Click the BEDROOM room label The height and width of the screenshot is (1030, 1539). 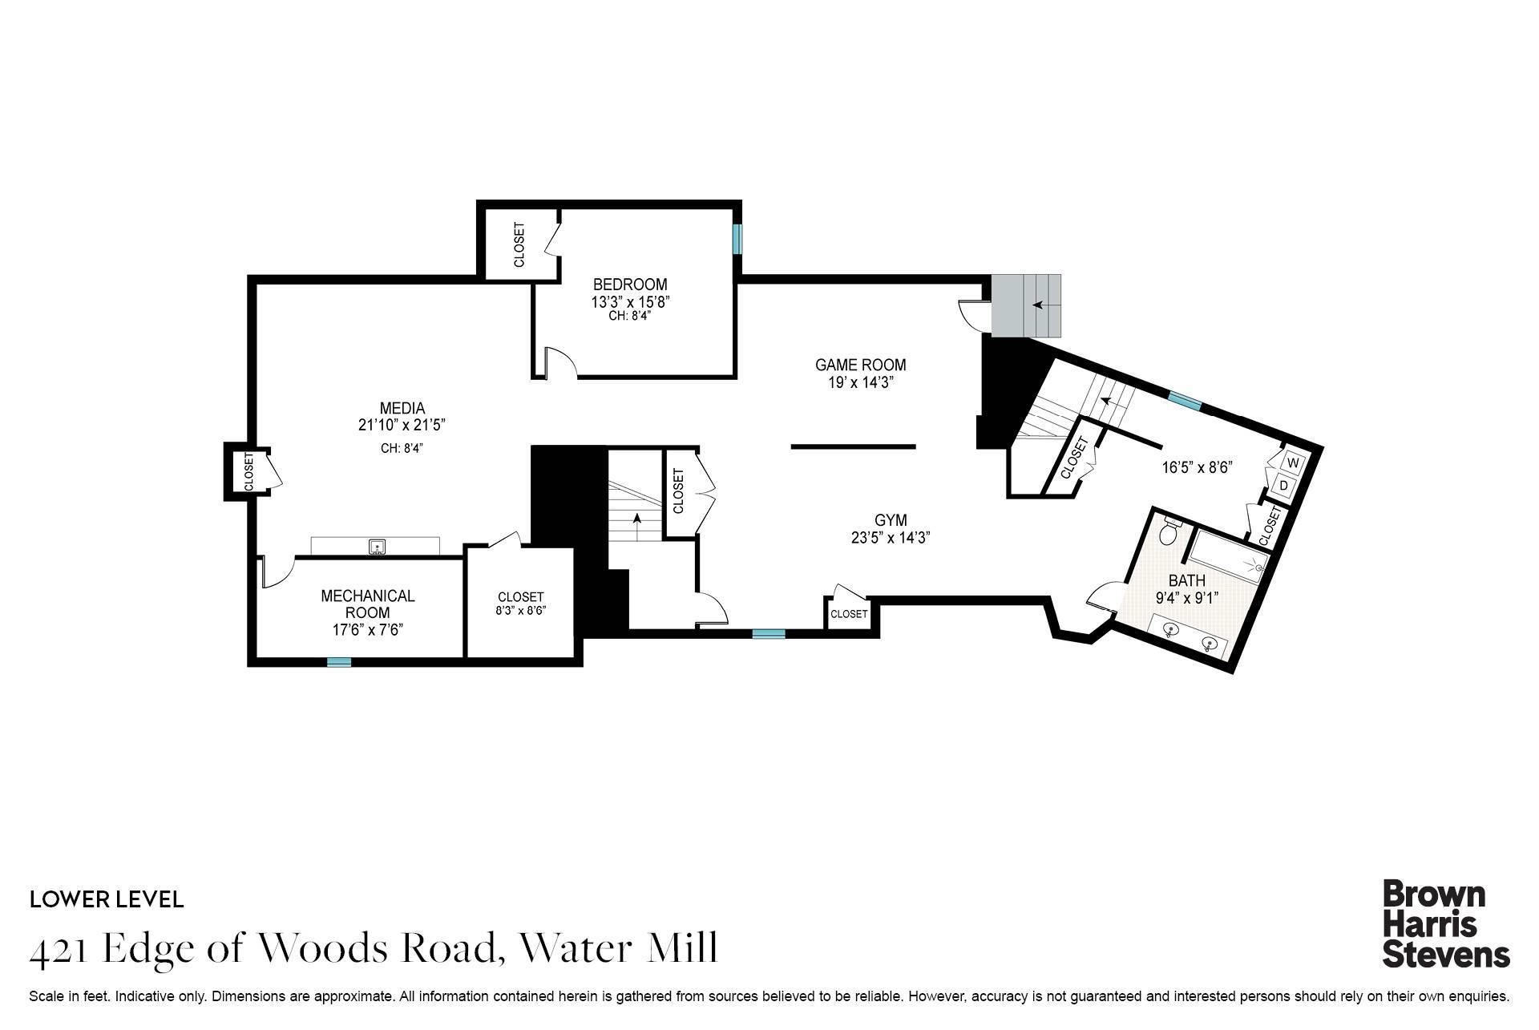point(630,285)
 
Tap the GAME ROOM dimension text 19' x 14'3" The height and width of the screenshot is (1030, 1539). point(860,383)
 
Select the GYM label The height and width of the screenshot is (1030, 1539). point(890,520)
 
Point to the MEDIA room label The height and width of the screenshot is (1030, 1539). point(402,409)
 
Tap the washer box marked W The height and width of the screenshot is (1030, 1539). point(1292,463)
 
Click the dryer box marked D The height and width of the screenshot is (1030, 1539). point(1283,486)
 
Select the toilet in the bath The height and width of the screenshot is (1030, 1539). point(1169,530)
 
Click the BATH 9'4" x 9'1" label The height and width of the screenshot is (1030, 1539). point(1186,588)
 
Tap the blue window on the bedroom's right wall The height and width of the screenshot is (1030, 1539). point(737,239)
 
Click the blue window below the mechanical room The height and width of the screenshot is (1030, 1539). point(339,662)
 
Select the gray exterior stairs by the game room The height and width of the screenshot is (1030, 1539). point(1027,305)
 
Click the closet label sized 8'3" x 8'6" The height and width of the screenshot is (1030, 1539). point(520,603)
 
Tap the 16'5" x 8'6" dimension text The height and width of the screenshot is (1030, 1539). point(1197,467)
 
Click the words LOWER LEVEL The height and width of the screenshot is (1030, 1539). point(107,899)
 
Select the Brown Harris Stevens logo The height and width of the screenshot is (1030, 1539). point(1445,924)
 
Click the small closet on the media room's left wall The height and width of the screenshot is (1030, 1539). point(248,472)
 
